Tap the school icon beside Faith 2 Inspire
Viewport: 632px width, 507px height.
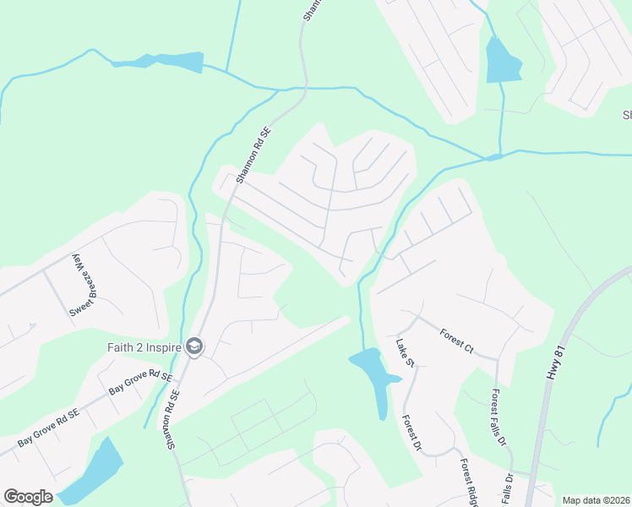coord(194,346)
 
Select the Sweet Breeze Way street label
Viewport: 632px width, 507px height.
coord(79,285)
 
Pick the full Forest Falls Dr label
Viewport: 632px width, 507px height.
coord(499,417)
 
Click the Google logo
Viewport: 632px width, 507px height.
coord(28,497)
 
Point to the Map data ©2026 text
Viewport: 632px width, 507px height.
coord(596,500)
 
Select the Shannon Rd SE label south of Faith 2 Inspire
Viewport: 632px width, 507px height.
coord(174,419)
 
